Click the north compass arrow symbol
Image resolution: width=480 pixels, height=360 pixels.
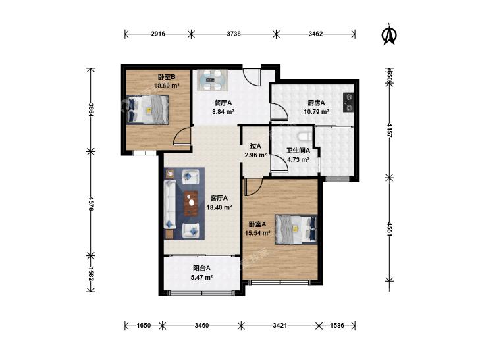coord(390,35)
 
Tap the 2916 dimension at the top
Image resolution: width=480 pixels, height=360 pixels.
coord(158,34)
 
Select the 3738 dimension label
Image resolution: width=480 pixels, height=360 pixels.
coord(234,34)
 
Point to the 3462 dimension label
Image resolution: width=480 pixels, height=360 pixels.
coord(315,34)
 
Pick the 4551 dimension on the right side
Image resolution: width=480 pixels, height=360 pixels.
coord(389,229)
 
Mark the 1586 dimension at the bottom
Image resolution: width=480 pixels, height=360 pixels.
coord(337,325)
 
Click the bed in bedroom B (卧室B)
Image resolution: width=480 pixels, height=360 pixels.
coord(148,109)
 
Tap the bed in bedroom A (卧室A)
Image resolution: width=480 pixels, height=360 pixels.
coord(296,229)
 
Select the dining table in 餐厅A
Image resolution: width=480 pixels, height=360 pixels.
coord(213,80)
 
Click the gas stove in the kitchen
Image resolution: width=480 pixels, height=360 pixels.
coord(348,102)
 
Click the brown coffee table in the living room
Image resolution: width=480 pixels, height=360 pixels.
coord(192,203)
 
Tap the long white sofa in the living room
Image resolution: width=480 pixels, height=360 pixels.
coord(170,204)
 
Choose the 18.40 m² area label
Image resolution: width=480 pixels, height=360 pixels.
coord(219,207)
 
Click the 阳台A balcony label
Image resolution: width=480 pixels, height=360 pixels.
coord(201,269)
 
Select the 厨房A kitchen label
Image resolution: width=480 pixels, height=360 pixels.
coord(316,103)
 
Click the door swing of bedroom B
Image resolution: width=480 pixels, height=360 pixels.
coord(181,137)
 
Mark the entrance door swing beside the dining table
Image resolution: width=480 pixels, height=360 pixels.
coord(252,77)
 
